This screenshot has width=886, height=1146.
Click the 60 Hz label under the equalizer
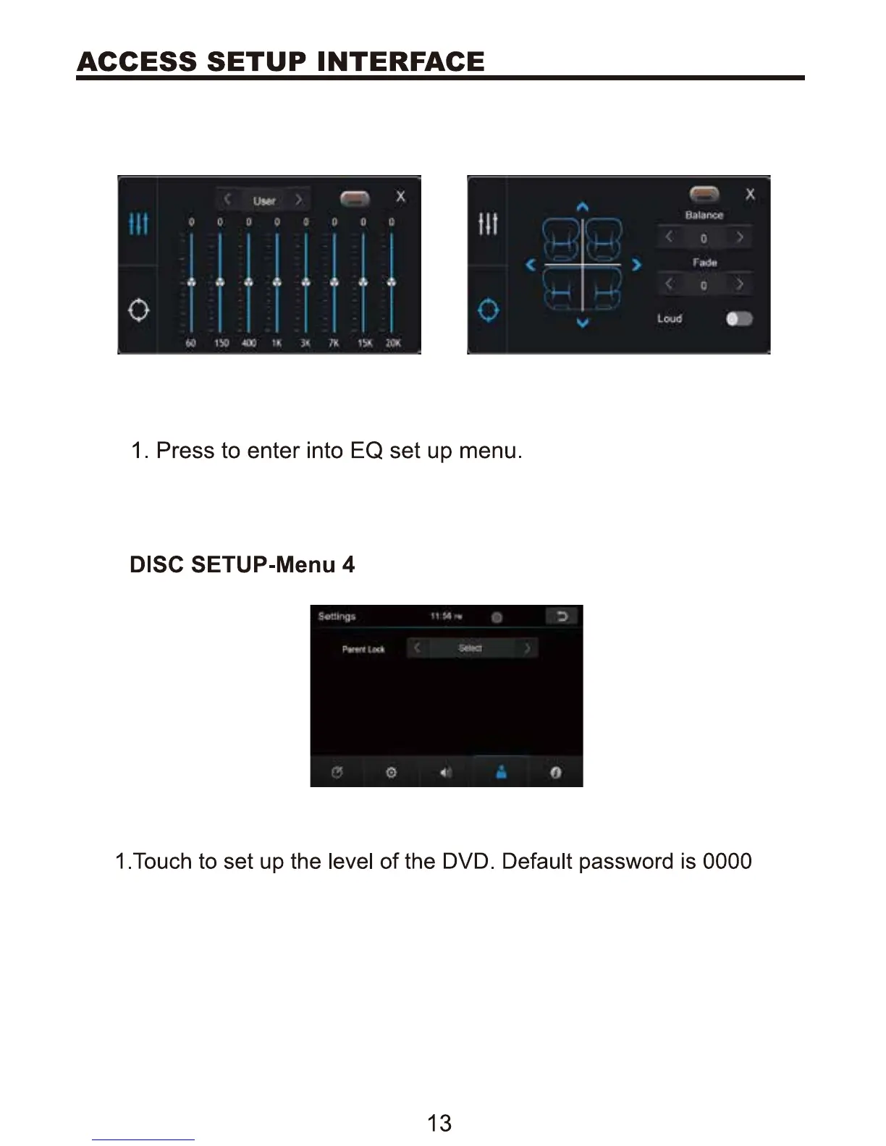pyautogui.click(x=190, y=343)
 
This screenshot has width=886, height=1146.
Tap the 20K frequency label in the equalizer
pyautogui.click(x=392, y=343)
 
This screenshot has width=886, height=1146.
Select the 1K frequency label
pyautogui.click(x=277, y=343)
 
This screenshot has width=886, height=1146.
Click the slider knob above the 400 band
pyautogui.click(x=248, y=282)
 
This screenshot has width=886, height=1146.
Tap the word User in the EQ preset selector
pyautogui.click(x=264, y=200)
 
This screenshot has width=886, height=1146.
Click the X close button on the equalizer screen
pyautogui.click(x=400, y=196)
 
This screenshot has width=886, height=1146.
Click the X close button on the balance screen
pyautogui.click(x=750, y=194)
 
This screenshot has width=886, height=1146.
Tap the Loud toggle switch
pyautogui.click(x=739, y=319)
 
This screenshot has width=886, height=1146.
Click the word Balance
pyautogui.click(x=704, y=215)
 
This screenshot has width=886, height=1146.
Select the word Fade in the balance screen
pyautogui.click(x=704, y=263)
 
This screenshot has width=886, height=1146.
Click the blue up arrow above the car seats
pyautogui.click(x=583, y=208)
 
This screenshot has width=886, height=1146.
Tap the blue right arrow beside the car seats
pyautogui.click(x=636, y=265)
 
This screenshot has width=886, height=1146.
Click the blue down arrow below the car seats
pyautogui.click(x=583, y=323)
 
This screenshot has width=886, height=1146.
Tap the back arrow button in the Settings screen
pyautogui.click(x=562, y=616)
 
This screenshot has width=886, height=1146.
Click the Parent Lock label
pyautogui.click(x=363, y=649)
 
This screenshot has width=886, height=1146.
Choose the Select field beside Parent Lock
pyautogui.click(x=471, y=648)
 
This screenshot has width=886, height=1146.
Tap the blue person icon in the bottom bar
pyautogui.click(x=500, y=772)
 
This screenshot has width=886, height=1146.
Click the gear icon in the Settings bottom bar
pyautogui.click(x=391, y=773)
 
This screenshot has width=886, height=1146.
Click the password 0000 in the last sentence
pyautogui.click(x=727, y=861)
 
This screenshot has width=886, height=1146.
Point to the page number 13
pyautogui.click(x=439, y=1123)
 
